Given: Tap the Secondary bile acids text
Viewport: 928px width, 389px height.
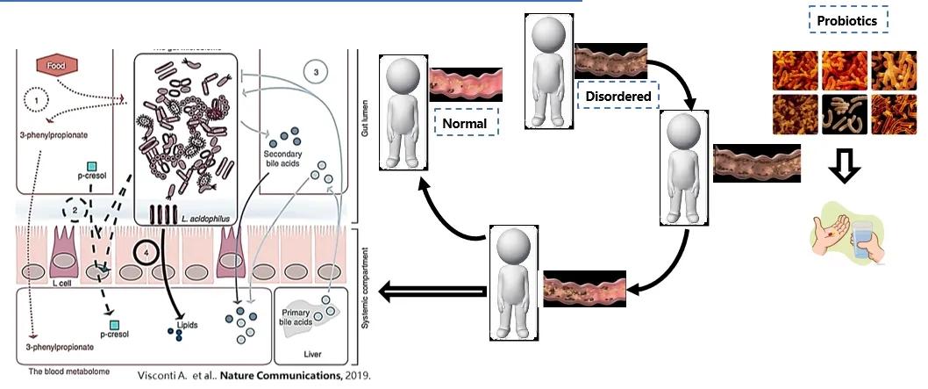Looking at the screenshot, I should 282,159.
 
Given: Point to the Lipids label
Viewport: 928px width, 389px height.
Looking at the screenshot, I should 188,324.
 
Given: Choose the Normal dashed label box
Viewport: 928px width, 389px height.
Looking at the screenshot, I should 464,123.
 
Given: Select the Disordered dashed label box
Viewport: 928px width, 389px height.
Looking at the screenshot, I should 618,94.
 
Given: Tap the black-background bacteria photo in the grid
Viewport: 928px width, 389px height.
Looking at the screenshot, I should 846,115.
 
